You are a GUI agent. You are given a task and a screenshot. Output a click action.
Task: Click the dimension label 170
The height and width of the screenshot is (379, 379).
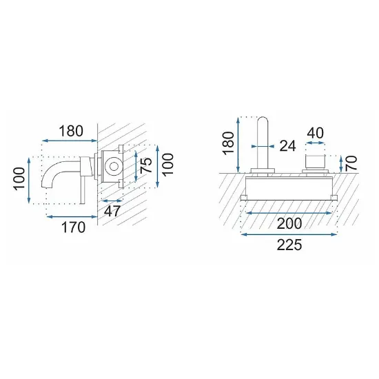coord(74,227)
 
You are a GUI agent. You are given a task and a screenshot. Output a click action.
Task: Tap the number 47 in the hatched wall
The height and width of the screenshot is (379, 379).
coord(112,212)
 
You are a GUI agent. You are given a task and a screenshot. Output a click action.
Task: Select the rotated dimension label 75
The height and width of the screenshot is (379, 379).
coord(146,165)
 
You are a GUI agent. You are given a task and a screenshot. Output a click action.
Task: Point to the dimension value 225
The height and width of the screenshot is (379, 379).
coord(289,245)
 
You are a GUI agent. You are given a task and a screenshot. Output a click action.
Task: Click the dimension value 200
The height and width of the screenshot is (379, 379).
coord(289,223)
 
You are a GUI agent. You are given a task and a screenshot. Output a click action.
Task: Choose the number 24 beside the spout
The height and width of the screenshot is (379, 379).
coord(287,146)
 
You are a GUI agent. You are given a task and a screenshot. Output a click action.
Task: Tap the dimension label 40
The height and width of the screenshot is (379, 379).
coord(315,133)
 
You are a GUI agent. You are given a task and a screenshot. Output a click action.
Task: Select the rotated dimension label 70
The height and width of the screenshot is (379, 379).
coord(351,163)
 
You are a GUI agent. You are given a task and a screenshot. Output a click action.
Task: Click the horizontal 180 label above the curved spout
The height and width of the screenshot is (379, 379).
coord(71,131)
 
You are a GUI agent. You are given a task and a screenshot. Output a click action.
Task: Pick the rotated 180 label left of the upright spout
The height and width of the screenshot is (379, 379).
coord(228,143)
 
